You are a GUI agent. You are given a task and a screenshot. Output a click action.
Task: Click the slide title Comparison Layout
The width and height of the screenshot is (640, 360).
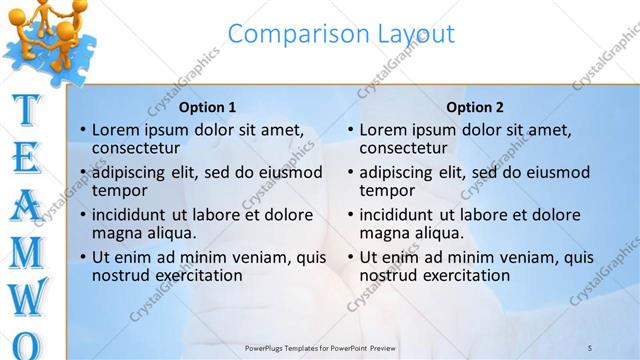pos(341,34)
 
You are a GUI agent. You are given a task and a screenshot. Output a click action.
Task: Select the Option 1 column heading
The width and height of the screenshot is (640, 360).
pos(207,107)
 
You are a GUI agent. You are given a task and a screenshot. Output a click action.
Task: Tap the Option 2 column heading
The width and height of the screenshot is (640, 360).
pos(475,107)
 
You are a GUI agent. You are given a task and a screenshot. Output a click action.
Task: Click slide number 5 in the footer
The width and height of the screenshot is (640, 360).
pos(590,347)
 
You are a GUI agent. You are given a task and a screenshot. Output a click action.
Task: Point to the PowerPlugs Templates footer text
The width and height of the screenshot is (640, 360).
pos(320,347)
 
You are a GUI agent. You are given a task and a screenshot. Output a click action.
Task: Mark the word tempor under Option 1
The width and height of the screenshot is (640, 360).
pos(119,190)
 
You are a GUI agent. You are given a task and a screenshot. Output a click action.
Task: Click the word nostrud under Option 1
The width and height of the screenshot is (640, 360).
pos(124,275)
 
